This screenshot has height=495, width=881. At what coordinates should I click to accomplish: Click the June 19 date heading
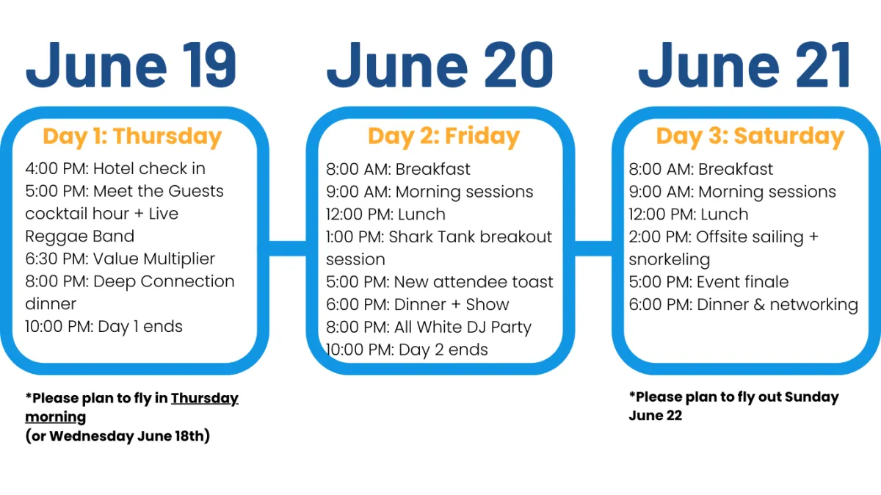pos(131,65)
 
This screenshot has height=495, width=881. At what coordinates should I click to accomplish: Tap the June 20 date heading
pos(440,65)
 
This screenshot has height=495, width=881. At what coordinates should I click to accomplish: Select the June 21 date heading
pos(745,65)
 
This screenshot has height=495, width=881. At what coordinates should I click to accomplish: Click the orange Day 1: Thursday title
pos(133,137)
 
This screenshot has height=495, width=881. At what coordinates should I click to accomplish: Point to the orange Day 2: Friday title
pos(444,137)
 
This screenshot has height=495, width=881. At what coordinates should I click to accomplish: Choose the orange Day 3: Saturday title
pos(750,136)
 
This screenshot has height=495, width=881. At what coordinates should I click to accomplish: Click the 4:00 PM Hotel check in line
pos(115,168)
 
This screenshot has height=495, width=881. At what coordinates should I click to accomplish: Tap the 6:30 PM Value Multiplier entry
pos(120,259)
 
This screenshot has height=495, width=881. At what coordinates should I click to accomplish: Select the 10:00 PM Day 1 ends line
pos(104,327)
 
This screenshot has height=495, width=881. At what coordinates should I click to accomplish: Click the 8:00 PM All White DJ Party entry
pos(429,328)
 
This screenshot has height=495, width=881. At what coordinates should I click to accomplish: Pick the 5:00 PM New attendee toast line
pos(440,282)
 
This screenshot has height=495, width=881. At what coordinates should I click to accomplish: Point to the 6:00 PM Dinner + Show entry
pos(418,305)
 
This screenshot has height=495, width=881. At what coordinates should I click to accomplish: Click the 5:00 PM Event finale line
pos(708,282)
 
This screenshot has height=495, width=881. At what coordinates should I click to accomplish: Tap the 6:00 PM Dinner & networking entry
pos(743,305)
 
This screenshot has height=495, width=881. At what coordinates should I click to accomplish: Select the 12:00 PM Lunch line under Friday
pos(386,214)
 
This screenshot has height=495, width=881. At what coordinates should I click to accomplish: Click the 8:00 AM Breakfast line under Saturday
pos(701,169)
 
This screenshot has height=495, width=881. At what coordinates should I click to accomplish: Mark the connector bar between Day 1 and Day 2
pos(288,248)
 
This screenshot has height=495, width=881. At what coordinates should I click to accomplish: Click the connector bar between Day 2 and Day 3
pos(593,248)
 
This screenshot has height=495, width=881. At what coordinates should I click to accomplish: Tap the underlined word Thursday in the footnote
pos(205,399)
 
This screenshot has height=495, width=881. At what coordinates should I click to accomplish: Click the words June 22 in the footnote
pos(655,416)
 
